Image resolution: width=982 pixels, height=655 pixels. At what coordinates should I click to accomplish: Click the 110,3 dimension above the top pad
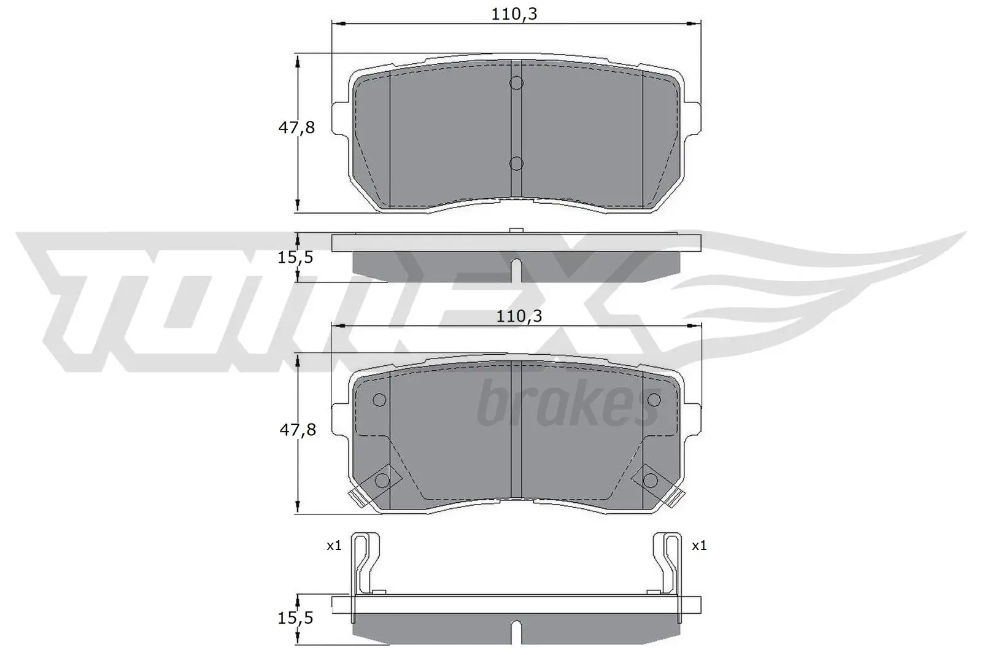[x=514, y=14]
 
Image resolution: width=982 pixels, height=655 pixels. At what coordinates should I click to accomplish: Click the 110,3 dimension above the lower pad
[x=519, y=316]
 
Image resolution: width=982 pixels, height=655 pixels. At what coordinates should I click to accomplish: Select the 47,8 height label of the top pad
[x=296, y=128]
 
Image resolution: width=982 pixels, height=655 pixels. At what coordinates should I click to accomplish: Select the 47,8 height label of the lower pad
[x=298, y=430]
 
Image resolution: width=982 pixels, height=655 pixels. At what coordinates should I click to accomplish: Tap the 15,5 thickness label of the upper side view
[x=295, y=257]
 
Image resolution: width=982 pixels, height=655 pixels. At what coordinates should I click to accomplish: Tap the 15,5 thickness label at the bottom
[x=295, y=618]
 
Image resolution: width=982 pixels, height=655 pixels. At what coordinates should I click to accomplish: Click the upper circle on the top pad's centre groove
[x=516, y=83]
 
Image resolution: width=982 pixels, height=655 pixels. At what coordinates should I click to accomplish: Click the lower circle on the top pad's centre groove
[x=516, y=163]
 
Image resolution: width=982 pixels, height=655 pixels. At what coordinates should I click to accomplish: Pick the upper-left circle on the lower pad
[x=379, y=400]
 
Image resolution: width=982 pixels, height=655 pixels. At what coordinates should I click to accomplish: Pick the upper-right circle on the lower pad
[x=653, y=400]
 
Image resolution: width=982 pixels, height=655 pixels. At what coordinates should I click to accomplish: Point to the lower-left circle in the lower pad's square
[x=381, y=479]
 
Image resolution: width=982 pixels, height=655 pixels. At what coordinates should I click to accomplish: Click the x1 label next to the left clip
[x=334, y=545]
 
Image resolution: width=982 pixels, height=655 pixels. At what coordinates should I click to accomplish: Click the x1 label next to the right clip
[x=699, y=545]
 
